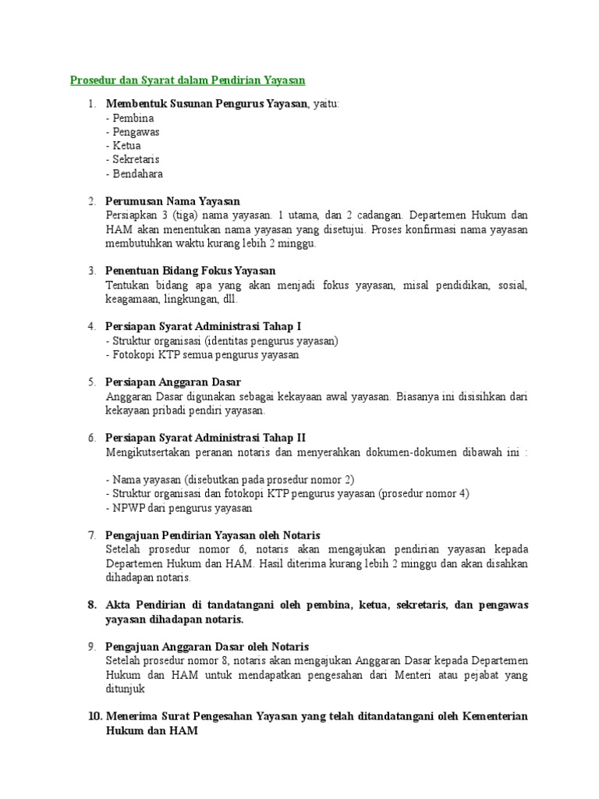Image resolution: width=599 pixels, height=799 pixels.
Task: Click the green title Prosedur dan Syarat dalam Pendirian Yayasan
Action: [x=187, y=80]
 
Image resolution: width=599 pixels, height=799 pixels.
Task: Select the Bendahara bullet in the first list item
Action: [x=134, y=174]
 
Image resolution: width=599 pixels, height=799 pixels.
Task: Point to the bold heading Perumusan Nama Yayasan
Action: [x=172, y=202]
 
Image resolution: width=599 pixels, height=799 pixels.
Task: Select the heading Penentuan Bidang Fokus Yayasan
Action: [x=190, y=271]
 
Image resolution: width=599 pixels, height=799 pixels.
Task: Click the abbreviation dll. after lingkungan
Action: [x=229, y=299]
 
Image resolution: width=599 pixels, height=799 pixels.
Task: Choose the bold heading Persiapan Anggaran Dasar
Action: [x=173, y=382]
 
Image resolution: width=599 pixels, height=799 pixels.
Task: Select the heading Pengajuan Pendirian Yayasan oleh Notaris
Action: [x=213, y=535]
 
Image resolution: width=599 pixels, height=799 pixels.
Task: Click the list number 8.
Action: [x=90, y=605]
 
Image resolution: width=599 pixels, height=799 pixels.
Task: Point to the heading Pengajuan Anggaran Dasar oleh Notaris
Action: [x=207, y=647]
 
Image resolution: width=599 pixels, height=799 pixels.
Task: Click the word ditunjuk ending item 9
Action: [x=125, y=689]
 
